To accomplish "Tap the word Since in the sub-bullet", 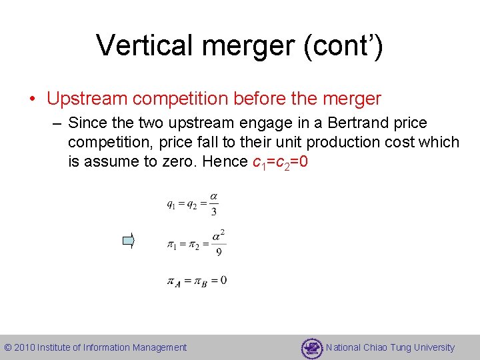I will coord(86,123).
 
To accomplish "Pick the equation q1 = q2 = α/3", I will coord(192,204).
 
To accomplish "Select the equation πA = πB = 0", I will coord(196,281).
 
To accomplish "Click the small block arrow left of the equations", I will coord(129,241).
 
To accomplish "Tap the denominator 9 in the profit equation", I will coord(219,251).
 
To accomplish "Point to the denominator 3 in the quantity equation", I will coord(213,213).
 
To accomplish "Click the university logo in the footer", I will coord(311,347).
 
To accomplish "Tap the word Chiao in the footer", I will coord(377,347).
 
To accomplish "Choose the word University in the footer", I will coord(433,347).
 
